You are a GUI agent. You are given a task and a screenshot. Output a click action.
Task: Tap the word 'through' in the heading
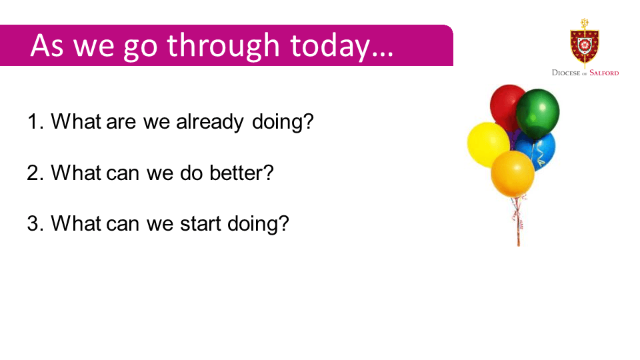(223, 46)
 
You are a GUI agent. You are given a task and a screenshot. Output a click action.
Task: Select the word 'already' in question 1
(210, 122)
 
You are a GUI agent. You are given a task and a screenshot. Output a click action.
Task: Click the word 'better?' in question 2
(241, 173)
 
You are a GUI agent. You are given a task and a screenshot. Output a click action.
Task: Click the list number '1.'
(35, 121)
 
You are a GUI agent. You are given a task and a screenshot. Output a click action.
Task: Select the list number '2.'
(35, 173)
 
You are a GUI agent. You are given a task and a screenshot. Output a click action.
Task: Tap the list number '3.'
(35, 224)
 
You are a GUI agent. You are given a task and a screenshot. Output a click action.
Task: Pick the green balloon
(537, 113)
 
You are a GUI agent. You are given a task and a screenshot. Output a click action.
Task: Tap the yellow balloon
(488, 144)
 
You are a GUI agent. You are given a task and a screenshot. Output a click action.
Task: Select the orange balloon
(513, 173)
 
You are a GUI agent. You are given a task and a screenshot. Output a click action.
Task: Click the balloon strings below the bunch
(518, 221)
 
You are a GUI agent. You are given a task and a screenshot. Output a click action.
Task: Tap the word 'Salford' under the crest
(604, 73)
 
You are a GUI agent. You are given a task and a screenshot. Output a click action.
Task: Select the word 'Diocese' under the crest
(566, 73)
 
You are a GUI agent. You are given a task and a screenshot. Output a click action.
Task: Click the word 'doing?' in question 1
(283, 122)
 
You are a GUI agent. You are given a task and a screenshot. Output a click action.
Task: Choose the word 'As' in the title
(47, 45)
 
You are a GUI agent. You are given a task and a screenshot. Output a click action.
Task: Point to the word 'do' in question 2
(191, 173)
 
